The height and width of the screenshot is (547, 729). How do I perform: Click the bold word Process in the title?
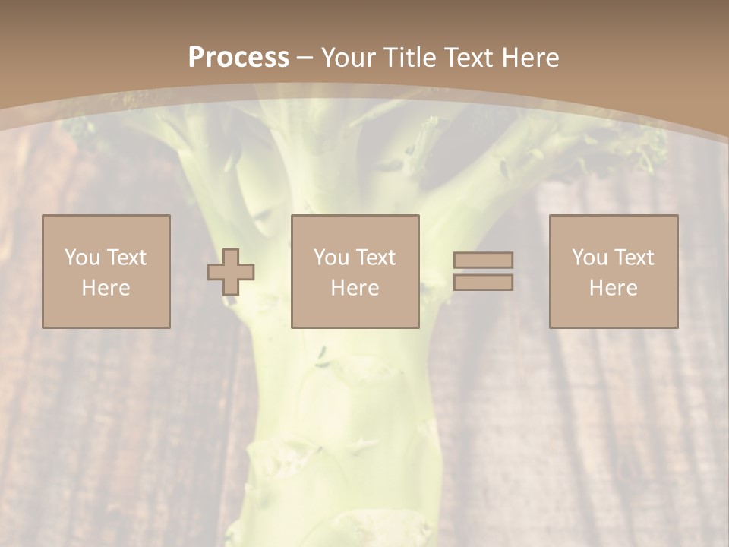pyautogui.click(x=238, y=58)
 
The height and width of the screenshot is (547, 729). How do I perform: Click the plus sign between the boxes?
pyautogui.click(x=231, y=272)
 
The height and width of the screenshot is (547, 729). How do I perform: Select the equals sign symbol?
pyautogui.click(x=483, y=271)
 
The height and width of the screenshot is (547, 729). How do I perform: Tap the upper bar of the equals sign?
pyautogui.click(x=483, y=260)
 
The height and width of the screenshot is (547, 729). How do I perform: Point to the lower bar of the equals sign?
pyautogui.click(x=483, y=283)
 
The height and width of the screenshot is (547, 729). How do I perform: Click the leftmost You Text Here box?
pyautogui.click(x=106, y=271)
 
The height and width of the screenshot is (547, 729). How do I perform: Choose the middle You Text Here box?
pyautogui.click(x=355, y=271)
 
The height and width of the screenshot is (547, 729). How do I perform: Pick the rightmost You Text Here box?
pyautogui.click(x=613, y=271)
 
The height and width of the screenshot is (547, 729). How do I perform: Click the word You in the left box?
pyautogui.click(x=82, y=258)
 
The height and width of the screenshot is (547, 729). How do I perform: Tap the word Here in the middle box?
pyautogui.click(x=355, y=288)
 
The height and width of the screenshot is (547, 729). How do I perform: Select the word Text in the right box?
pyautogui.click(x=635, y=258)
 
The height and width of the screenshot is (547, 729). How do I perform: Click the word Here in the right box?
pyautogui.click(x=613, y=288)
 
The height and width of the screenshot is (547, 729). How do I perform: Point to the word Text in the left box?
pyautogui.click(x=126, y=258)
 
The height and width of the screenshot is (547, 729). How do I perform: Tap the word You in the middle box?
pyautogui.click(x=331, y=258)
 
